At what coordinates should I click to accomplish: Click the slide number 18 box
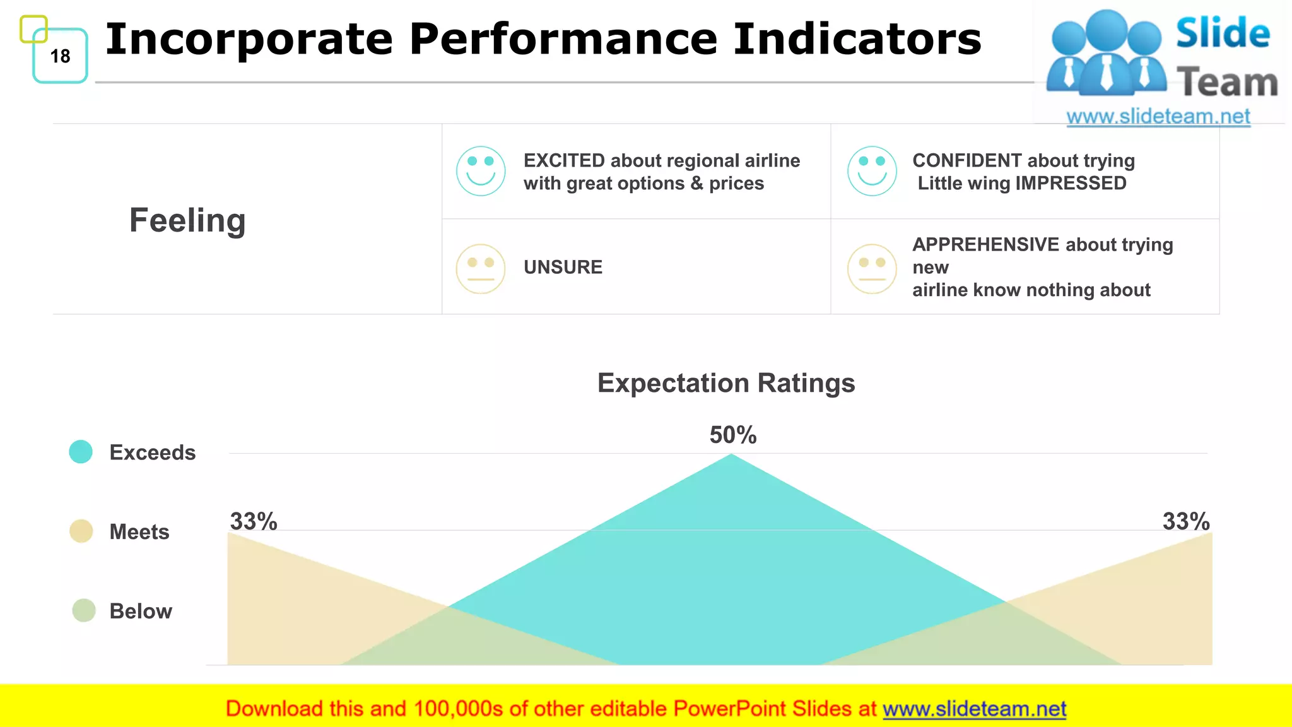point(60,56)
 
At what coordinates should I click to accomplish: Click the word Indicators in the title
point(857,39)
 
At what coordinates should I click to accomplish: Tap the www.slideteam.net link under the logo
point(1158,117)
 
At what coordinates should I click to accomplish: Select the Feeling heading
point(187,220)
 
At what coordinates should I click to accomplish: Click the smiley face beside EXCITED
point(481,171)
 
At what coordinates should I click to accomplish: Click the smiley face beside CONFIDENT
point(872,171)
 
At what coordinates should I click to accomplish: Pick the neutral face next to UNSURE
point(481,269)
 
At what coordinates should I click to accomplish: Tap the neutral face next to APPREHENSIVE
point(872,269)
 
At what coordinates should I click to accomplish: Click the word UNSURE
point(563,267)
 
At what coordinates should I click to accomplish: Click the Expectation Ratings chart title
point(726,383)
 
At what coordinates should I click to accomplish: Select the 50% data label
point(732,435)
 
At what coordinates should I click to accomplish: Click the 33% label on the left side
point(254,521)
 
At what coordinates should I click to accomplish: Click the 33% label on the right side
point(1186,521)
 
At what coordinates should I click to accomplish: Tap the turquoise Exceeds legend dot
point(81,452)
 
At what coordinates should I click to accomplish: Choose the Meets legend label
point(139,532)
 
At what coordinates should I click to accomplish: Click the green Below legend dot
point(84,610)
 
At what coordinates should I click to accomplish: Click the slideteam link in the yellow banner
point(974,709)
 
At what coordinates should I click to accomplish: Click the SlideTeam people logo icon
point(1106,54)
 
